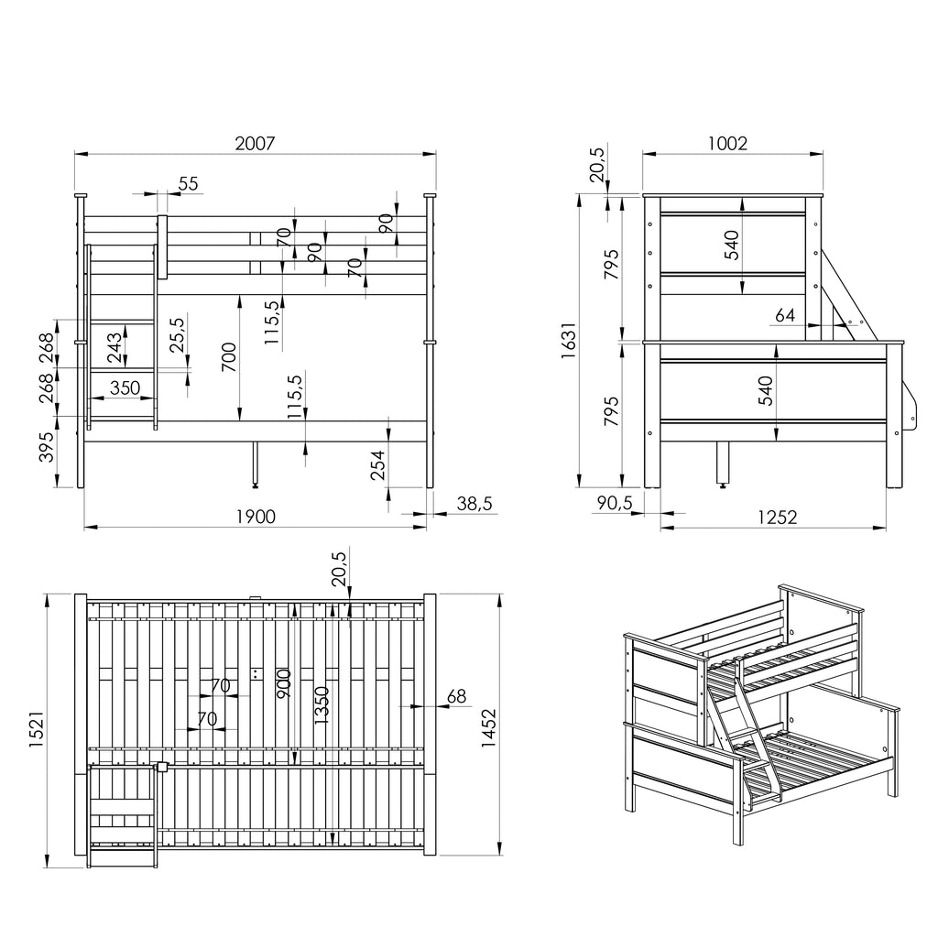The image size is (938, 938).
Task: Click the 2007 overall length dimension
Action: coord(255,144)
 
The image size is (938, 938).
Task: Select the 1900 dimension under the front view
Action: coord(256,517)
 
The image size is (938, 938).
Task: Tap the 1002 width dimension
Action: coord(727,144)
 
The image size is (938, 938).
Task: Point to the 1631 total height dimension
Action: coord(568,341)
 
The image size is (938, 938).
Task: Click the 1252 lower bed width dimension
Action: coord(777,517)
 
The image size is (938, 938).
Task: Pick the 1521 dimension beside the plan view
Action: coord(36,729)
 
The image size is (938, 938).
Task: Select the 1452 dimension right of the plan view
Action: coord(489,728)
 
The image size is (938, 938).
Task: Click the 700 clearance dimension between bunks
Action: coord(229,357)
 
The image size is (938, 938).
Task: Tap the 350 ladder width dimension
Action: coord(125,387)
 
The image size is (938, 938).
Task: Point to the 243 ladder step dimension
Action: coord(114,348)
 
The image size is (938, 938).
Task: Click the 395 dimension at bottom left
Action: coord(46,447)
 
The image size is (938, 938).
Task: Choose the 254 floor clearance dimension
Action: coord(378,465)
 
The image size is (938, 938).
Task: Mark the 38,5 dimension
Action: coord(474,504)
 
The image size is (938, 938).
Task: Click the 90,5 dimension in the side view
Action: coord(615,503)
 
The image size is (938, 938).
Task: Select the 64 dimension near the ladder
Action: coord(785,315)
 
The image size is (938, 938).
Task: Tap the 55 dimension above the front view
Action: coord(188,183)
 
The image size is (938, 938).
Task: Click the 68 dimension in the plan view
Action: coord(456,696)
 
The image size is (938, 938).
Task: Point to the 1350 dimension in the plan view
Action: coord(322,705)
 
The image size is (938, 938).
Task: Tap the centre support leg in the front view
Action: coord(256,464)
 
